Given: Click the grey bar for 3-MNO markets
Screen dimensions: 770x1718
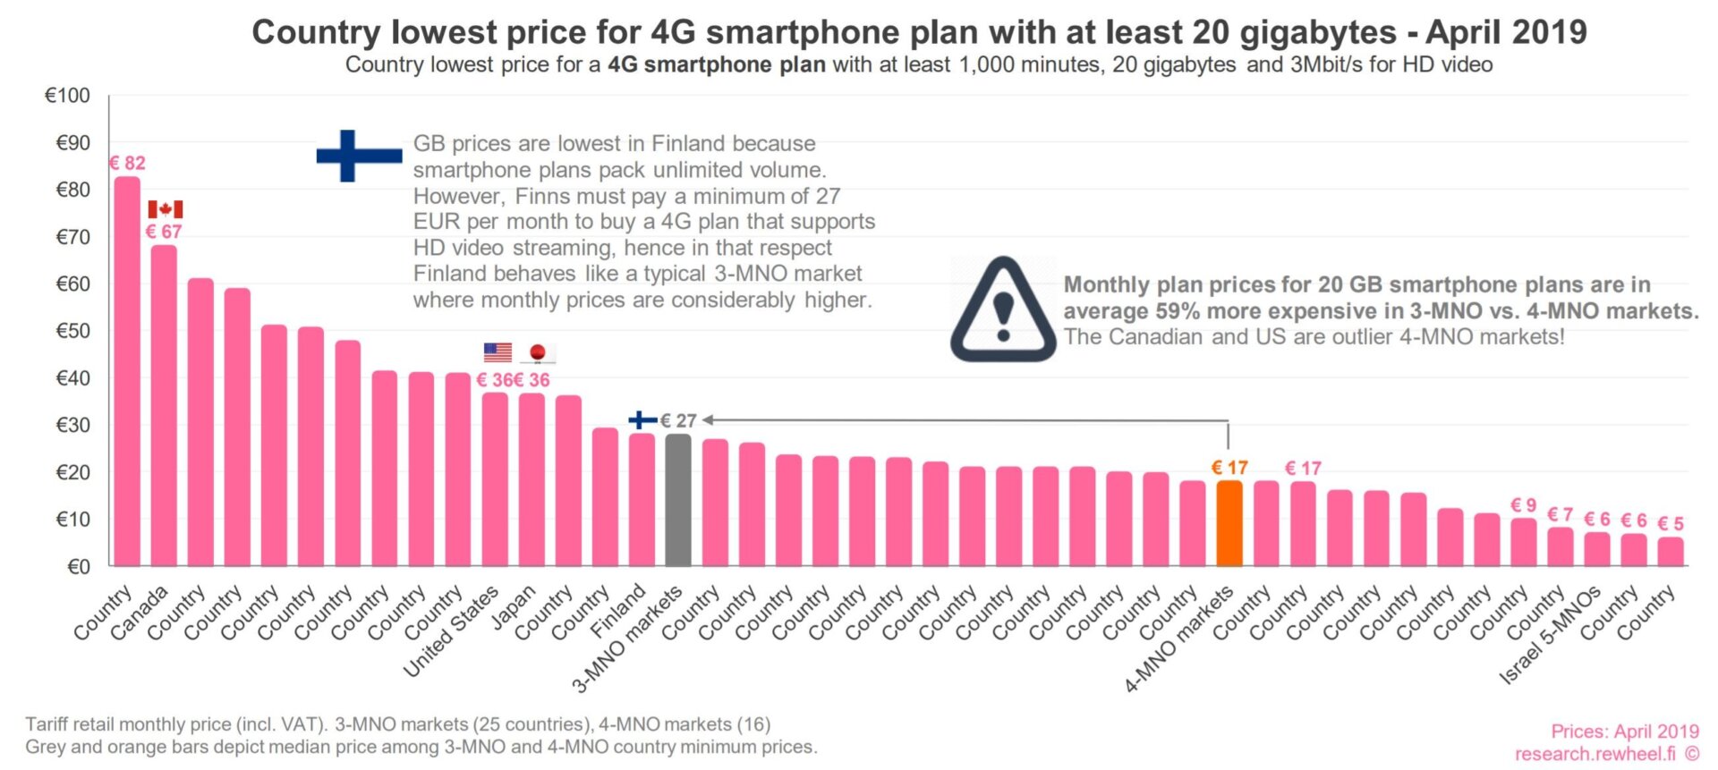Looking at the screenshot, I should click(678, 500).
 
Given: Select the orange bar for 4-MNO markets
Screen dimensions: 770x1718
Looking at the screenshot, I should click(1229, 523).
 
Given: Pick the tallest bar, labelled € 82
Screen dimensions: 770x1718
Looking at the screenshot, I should click(127, 371).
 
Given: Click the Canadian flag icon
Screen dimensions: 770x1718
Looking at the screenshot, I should click(166, 209).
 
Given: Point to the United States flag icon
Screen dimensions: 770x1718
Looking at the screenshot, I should click(498, 352).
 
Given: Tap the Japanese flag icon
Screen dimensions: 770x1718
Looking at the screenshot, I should click(538, 353).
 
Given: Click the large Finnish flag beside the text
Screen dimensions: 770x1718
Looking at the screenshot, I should click(358, 156).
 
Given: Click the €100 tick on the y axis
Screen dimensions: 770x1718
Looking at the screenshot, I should click(68, 96).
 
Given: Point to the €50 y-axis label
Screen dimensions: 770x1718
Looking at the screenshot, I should click(72, 331).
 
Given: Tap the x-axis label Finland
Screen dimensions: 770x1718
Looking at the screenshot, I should click(618, 612).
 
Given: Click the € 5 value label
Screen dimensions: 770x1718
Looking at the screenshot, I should click(1671, 524).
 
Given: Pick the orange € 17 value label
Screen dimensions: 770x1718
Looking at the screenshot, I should click(1229, 468).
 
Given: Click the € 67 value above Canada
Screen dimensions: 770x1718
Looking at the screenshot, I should click(164, 232).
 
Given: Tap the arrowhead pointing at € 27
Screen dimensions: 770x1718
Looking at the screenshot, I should click(707, 419).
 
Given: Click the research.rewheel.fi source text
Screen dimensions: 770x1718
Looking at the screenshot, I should click(1595, 754).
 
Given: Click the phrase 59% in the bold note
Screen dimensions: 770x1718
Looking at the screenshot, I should click(1179, 311).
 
